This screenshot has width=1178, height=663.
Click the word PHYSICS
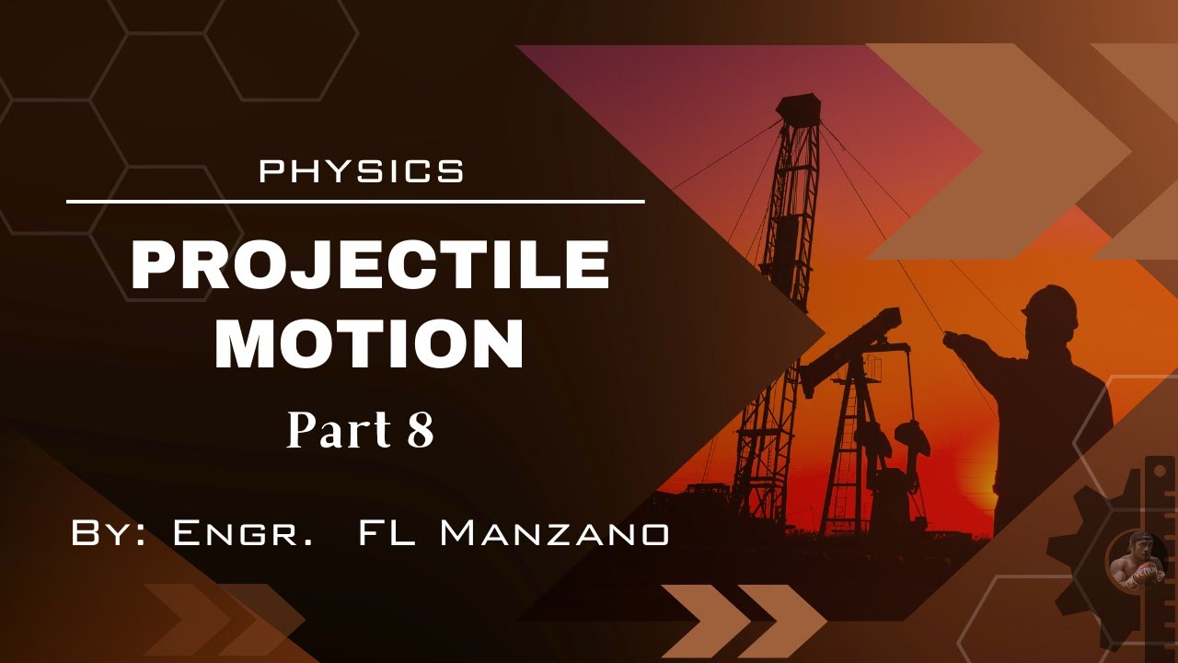pyautogui.click(x=362, y=171)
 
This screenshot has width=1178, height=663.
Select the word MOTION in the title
pyautogui.click(x=369, y=343)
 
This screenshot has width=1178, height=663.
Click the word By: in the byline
pyautogui.click(x=108, y=533)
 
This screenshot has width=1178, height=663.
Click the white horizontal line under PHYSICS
pyautogui.click(x=355, y=201)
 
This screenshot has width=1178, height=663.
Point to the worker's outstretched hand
pyautogui.click(x=953, y=340)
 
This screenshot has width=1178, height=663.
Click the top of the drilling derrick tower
pyautogui.click(x=797, y=107)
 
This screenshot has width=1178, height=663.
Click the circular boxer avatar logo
pyautogui.click(x=1134, y=564)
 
